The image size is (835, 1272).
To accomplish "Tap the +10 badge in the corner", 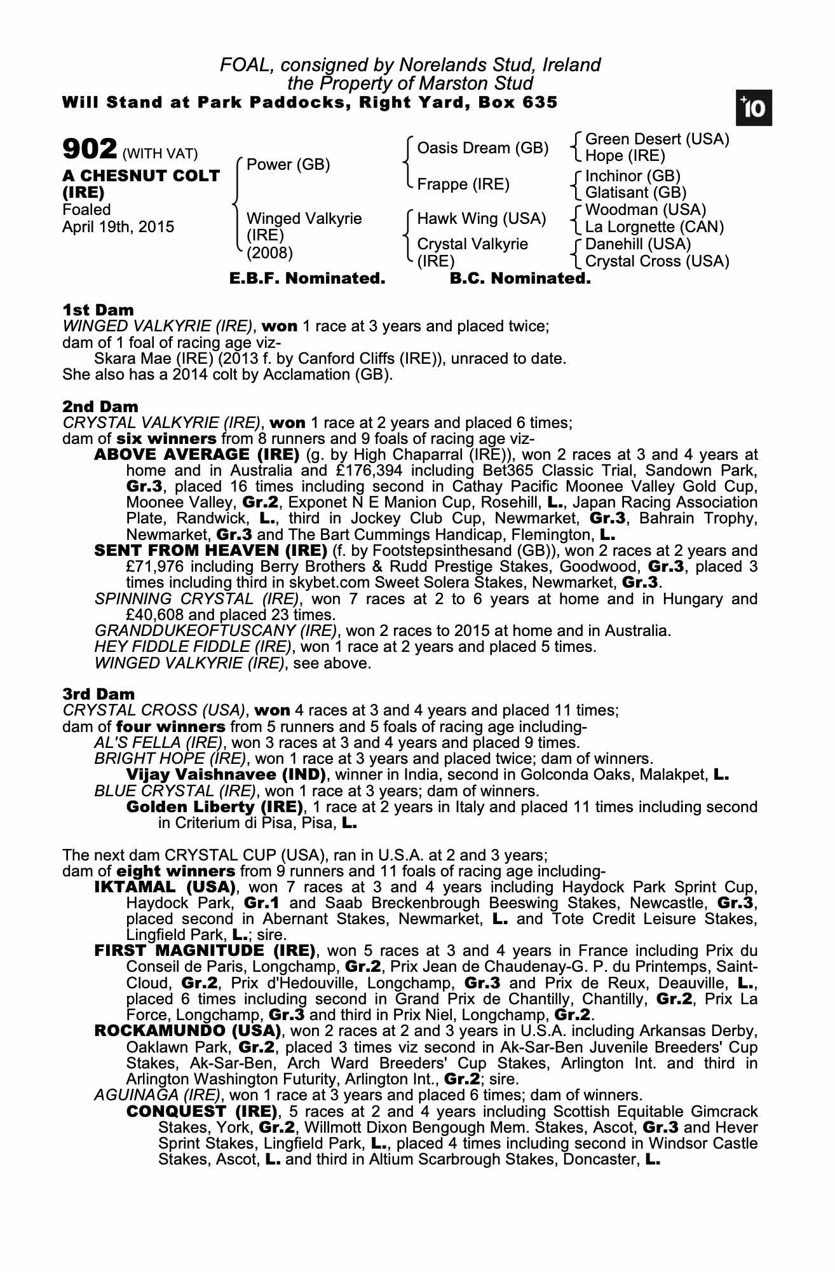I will [754, 109].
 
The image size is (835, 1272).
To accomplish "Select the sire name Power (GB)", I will [288, 165].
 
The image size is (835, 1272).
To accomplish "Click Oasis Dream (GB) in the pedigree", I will [482, 148].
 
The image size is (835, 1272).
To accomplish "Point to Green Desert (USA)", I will [656, 139].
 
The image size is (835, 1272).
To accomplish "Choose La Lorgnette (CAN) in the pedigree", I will [655, 227].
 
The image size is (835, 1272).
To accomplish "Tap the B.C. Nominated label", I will [520, 279].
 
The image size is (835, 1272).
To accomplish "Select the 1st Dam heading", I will [98, 310].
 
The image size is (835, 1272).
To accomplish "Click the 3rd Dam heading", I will [98, 694].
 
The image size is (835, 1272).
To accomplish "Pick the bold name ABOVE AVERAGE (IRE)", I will [196, 455].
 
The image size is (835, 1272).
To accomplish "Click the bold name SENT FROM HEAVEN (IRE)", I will [210, 550].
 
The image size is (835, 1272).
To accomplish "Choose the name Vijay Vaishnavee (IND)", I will [226, 775].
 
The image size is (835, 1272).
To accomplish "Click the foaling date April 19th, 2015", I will [118, 227].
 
